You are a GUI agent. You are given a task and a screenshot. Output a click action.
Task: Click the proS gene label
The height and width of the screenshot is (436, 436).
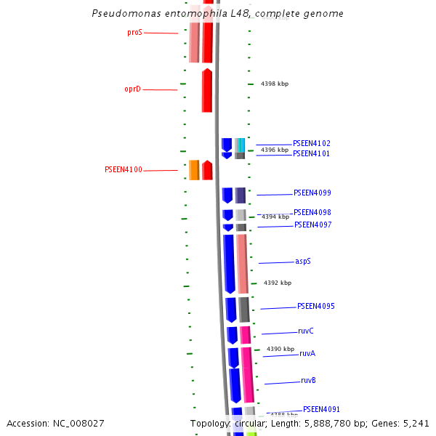click(x=134, y=32)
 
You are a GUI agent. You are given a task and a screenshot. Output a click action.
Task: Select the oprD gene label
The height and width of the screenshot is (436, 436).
click(x=132, y=89)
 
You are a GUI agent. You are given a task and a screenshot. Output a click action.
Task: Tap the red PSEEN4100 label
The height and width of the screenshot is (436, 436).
click(x=124, y=169)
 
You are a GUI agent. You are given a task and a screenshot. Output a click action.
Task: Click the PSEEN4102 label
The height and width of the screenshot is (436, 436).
click(x=311, y=143)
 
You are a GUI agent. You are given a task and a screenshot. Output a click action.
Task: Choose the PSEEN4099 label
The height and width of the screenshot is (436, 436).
click(x=312, y=193)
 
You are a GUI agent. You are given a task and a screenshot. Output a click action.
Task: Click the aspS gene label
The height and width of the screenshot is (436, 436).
click(x=303, y=261)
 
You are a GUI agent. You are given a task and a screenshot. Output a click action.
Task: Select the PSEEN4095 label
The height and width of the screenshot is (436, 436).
click(x=315, y=306)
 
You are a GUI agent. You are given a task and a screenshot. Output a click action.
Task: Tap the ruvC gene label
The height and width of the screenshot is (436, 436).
click(x=306, y=331)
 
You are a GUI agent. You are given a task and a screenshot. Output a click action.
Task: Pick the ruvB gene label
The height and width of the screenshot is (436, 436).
click(x=308, y=380)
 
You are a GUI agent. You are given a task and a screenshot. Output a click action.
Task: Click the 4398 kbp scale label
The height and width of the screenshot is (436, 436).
click(x=275, y=84)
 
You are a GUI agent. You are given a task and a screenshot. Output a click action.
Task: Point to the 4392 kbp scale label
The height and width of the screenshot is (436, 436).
click(x=278, y=283)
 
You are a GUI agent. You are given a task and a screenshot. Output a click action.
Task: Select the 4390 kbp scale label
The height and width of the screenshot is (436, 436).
click(x=280, y=349)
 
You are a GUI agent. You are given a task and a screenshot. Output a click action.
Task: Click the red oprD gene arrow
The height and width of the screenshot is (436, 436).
click(x=207, y=91)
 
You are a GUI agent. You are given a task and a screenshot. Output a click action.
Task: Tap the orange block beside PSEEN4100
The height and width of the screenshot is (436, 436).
click(x=194, y=169)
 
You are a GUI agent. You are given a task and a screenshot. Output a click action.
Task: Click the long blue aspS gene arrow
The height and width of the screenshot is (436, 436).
click(x=229, y=263)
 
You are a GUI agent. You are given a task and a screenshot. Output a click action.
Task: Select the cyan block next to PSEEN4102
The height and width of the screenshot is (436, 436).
click(x=241, y=145)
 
